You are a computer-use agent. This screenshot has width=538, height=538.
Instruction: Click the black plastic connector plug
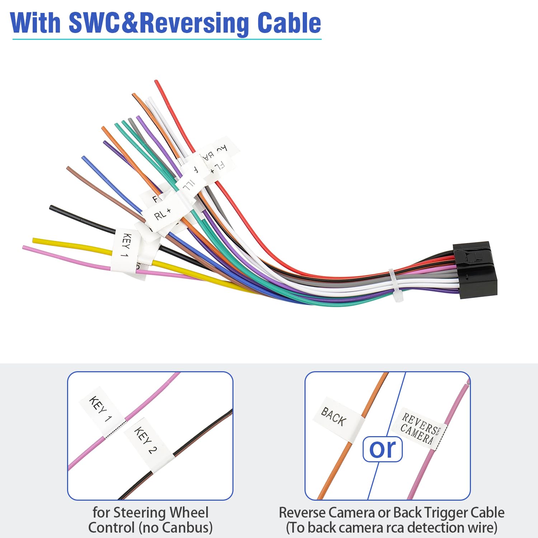475,270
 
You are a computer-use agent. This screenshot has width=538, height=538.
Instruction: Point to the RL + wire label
163,214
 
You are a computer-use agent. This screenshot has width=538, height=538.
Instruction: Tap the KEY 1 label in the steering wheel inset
101,409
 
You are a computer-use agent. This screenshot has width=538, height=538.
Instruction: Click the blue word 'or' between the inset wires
382,449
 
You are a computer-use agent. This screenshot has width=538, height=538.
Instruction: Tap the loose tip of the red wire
156,82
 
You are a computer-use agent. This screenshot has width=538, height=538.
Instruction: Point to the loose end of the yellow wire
34,240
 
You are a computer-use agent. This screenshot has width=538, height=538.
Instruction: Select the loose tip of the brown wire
68,168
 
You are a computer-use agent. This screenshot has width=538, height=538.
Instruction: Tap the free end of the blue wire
84,157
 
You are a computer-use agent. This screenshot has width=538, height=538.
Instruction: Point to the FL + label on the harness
218,167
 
